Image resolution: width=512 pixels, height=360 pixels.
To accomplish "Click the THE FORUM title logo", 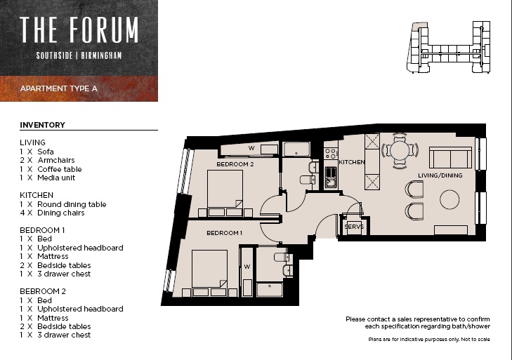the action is coord(79,29).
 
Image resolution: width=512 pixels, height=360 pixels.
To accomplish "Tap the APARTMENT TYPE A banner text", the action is coord(59,88).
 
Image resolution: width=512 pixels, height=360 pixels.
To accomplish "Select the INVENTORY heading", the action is coord(42,125).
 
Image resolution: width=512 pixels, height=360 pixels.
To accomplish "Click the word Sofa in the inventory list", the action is coord(46,152).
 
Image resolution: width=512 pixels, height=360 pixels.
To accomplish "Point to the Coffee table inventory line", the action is coord(51,169).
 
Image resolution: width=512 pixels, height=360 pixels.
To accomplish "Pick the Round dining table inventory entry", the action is coord(63,204).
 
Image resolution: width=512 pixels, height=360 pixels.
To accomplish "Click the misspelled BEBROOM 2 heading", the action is coord(43,291).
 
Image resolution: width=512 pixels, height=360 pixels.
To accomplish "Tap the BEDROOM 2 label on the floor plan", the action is coord(235,164).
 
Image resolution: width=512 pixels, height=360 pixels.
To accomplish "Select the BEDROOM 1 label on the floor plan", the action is coord(224,233).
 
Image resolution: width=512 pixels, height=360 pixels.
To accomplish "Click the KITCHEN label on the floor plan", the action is coord(352,162).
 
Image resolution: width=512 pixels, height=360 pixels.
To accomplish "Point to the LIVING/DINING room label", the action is coord(440,175).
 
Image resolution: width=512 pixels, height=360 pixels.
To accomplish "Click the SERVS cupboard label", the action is coord(354,227).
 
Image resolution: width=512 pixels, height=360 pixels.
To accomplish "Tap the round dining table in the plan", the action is coord(400,150).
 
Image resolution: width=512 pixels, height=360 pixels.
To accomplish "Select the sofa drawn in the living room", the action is coord(451,158).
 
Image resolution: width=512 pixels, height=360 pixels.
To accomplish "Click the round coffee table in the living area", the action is coord(449,199).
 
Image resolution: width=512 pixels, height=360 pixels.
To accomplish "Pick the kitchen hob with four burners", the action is coord(331,154).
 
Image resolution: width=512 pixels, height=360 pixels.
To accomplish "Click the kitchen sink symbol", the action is coord(331,178).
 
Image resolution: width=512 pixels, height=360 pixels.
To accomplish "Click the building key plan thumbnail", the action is coord(448,48).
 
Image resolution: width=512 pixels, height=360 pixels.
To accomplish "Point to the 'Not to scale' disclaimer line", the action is coord(429,340).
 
